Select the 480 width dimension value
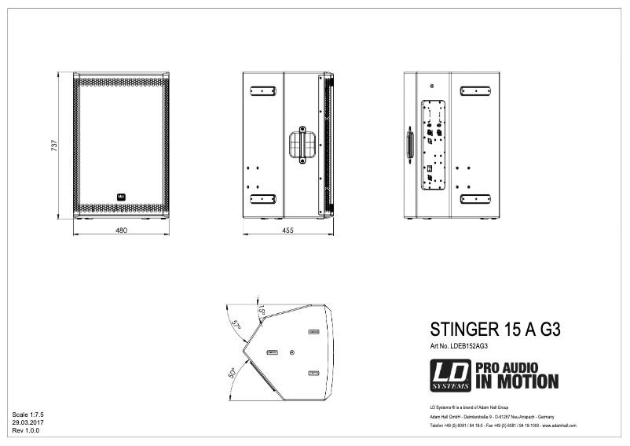pyautogui.click(x=122, y=230)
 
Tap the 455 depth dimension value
pyautogui.click(x=288, y=230)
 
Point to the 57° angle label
pyautogui.click(x=235, y=324)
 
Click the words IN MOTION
pyautogui.click(x=517, y=382)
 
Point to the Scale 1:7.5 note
pyautogui.click(x=29, y=413)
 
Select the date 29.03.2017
pyautogui.click(x=27, y=422)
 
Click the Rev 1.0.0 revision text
pyautogui.click(x=25, y=430)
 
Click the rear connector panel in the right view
pyautogui.click(x=433, y=146)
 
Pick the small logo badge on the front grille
pyautogui.click(x=121, y=196)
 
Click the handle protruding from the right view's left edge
pyautogui.click(x=408, y=146)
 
